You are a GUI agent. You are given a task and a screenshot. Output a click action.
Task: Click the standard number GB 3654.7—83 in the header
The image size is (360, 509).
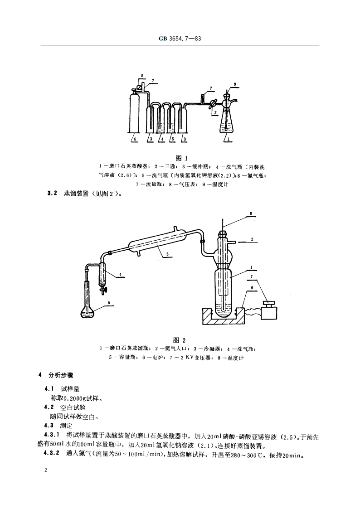pos(180,39)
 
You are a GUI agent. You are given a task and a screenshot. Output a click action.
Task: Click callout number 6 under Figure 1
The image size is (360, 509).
pos(135,139)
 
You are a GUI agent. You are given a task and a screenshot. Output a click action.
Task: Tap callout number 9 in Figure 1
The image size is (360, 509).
pos(235,84)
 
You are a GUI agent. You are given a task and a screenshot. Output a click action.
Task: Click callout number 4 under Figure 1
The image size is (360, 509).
pos(161,139)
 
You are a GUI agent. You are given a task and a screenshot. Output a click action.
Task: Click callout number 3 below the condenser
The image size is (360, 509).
pos(167,254)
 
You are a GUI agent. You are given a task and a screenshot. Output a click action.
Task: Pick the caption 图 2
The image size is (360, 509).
pos(180,340)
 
